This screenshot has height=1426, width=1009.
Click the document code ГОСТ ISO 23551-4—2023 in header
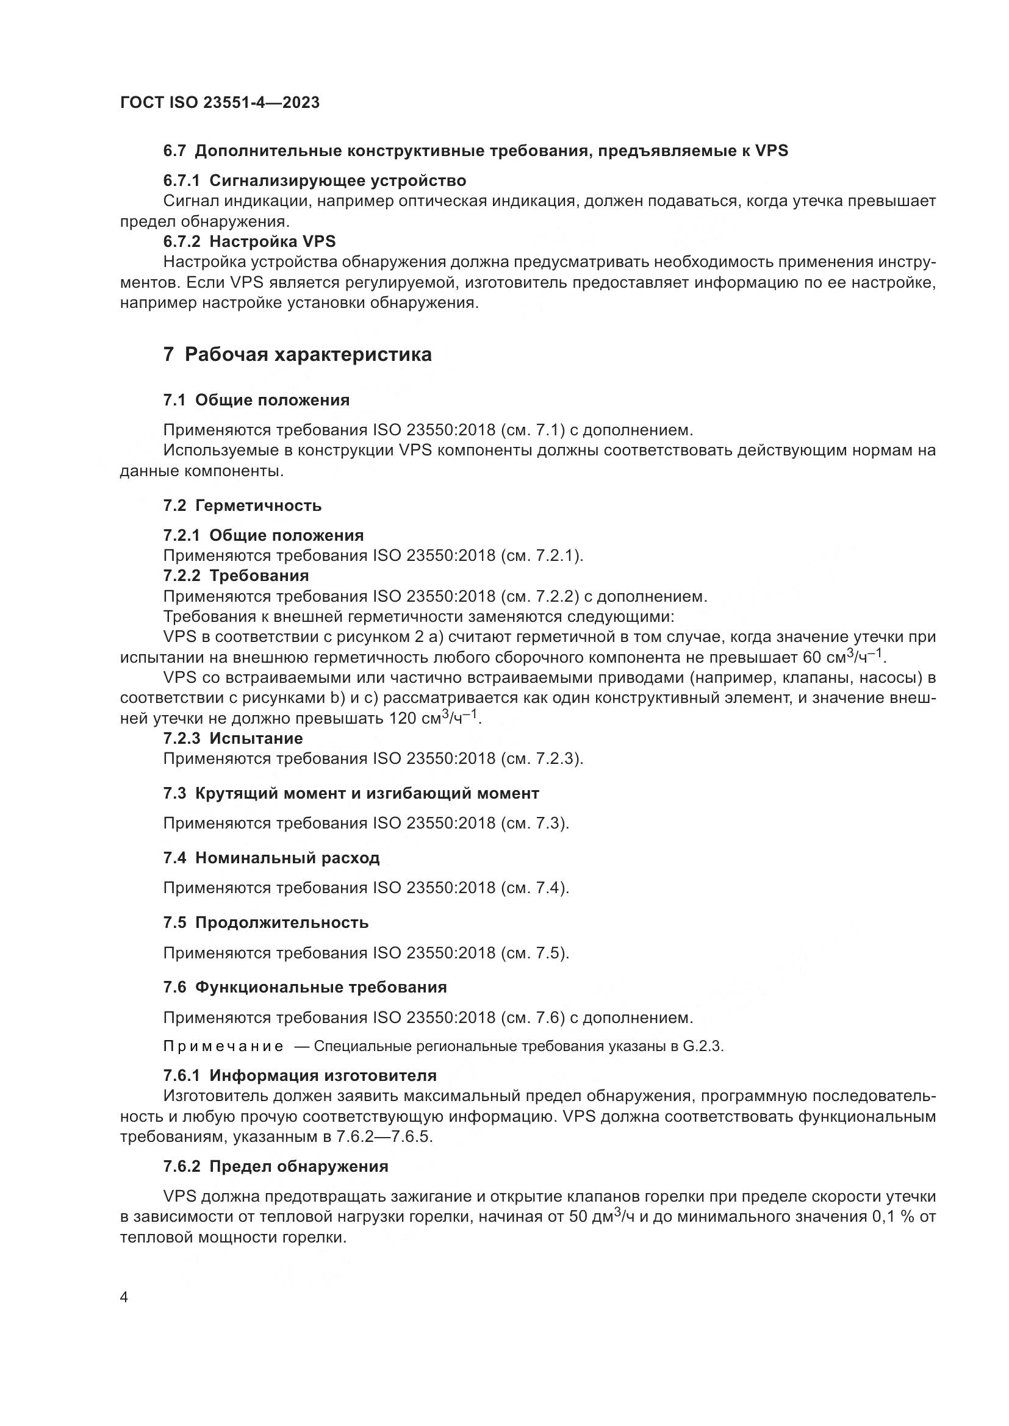[x=220, y=102]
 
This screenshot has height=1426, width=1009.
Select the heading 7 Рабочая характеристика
[x=297, y=355]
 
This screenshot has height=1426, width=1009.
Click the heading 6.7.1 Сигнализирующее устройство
[x=314, y=180]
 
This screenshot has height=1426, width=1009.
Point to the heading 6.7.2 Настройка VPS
[x=249, y=241]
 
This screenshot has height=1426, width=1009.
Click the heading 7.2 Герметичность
[x=242, y=505]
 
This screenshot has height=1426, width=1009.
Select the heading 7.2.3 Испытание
[x=233, y=738]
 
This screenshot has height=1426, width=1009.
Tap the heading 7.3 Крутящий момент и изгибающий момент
[x=351, y=793]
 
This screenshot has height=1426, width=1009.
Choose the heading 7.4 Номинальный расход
[x=271, y=858]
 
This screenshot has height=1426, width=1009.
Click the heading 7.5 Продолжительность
[x=266, y=922]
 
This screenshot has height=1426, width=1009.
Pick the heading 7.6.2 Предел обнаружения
[x=275, y=1166]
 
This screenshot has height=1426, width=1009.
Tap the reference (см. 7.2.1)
[x=541, y=555]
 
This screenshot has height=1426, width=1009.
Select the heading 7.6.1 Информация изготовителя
[x=300, y=1075]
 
